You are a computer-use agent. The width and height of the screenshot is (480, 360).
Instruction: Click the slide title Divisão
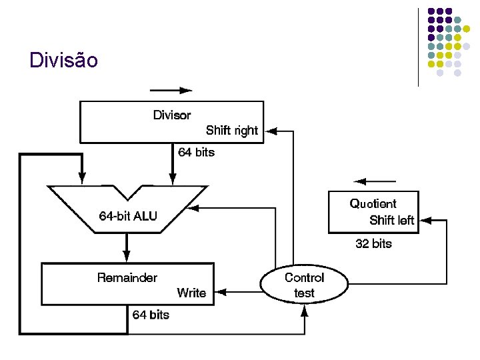tap(64, 61)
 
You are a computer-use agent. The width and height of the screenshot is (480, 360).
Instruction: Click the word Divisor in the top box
tap(172, 115)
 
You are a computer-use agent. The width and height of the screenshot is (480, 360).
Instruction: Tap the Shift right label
tap(231, 131)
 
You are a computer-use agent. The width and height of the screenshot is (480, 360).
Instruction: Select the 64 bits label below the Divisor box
tap(196, 152)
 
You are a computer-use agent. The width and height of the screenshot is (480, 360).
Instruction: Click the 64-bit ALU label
tap(128, 216)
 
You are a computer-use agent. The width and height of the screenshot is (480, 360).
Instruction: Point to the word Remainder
tap(127, 277)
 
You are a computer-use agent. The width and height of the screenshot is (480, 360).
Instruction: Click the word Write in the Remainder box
tap(191, 293)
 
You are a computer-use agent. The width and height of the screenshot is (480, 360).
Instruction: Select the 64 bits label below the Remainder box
tap(151, 315)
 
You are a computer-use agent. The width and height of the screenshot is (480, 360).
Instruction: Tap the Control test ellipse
tap(304, 285)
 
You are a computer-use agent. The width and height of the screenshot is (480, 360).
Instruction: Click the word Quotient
tap(373, 204)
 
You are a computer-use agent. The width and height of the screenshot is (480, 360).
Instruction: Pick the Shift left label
tap(392, 220)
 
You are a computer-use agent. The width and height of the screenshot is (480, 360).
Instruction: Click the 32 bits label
tap(373, 244)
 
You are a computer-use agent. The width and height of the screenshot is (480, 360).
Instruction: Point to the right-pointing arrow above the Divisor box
tap(171, 90)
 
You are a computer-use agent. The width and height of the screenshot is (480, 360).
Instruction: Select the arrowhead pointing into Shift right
tap(269, 131)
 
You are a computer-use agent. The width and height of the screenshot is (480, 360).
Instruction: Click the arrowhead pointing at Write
tap(222, 292)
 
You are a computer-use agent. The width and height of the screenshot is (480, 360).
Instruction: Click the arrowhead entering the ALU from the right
tap(204, 208)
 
